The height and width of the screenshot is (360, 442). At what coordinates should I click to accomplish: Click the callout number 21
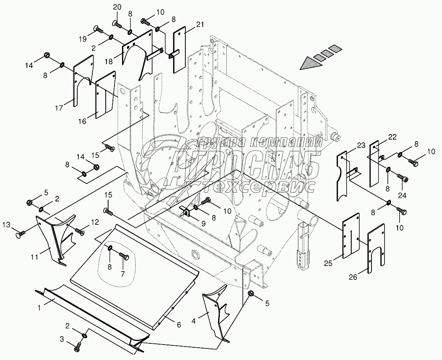(200, 25)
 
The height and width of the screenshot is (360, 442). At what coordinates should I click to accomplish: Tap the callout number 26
(353, 277)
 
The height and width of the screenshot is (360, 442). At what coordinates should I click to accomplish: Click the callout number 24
(402, 195)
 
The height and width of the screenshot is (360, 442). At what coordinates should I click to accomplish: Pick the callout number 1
(39, 307)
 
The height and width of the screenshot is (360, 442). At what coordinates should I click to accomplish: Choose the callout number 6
(179, 325)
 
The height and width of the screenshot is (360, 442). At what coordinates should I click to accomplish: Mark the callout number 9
(203, 223)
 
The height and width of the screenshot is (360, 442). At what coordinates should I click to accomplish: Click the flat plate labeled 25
(350, 236)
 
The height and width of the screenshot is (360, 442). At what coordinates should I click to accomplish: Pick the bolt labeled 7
(123, 257)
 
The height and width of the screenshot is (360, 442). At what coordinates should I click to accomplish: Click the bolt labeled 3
(77, 348)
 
